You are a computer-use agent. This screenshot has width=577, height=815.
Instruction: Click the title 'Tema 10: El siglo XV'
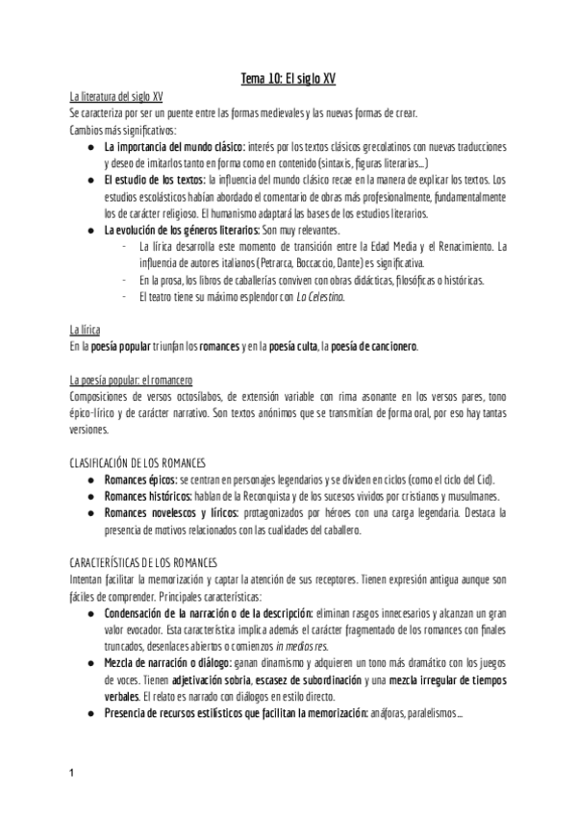(288, 79)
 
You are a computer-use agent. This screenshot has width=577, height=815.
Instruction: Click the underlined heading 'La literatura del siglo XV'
(116, 97)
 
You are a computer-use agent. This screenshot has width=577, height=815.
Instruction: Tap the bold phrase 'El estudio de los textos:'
(154, 179)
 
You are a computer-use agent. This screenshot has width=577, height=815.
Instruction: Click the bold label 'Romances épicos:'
(139, 479)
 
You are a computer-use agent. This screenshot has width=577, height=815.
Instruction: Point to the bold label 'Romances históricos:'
(148, 495)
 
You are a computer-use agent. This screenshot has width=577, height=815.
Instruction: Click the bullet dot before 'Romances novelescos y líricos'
(89, 512)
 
